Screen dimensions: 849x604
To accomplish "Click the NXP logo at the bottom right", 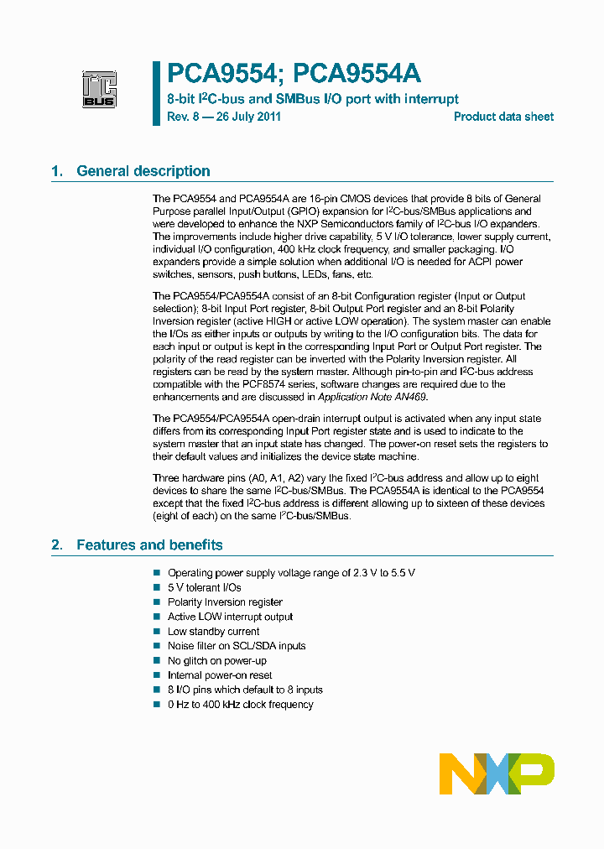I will coord(497,773).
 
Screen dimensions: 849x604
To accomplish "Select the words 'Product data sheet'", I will coord(503,117).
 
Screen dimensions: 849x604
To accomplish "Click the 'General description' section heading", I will coord(143,171).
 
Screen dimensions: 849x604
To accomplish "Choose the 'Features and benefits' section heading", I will coord(149,544).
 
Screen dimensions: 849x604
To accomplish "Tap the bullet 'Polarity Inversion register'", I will coord(225,602).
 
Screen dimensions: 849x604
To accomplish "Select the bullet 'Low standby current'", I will coord(213,631).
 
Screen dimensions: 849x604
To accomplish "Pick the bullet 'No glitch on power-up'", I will coord(216,660).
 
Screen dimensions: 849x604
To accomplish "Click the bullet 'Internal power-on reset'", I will coord(220,675).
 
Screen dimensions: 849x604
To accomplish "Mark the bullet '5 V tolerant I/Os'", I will coord(204,587).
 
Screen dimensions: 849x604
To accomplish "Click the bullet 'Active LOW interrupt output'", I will coord(230,617).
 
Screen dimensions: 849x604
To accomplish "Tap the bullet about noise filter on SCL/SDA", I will coord(237,645).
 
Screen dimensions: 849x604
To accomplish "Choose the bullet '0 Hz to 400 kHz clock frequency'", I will coord(240,704).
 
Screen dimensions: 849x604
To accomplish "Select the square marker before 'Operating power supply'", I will coord(156,572).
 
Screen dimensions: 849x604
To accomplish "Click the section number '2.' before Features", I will coord(57,544).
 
